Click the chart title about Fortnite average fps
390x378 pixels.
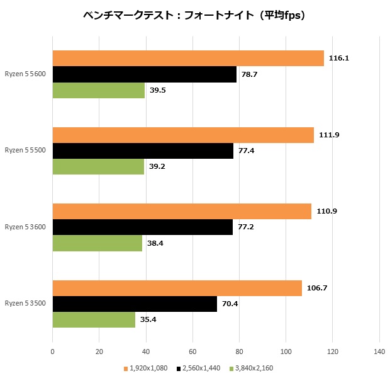(x=194, y=16)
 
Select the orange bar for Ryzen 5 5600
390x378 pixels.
(x=188, y=59)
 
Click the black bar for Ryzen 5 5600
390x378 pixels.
(x=144, y=74)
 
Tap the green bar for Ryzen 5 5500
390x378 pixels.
(x=98, y=167)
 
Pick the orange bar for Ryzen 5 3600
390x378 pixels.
(x=182, y=211)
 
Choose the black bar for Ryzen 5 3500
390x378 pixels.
(x=135, y=304)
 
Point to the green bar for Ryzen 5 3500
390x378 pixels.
(x=94, y=319)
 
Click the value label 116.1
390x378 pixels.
(x=338, y=59)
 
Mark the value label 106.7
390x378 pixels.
(x=316, y=288)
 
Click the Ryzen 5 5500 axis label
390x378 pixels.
(x=26, y=151)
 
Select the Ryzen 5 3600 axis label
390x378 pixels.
(x=26, y=227)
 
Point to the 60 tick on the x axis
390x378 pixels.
(x=192, y=351)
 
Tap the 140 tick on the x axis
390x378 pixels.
(x=379, y=351)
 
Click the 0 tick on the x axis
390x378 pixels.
(x=52, y=351)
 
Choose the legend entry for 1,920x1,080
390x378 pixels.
(x=146, y=368)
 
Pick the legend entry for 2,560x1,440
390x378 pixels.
(x=199, y=368)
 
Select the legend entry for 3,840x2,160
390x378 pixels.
(x=252, y=368)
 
